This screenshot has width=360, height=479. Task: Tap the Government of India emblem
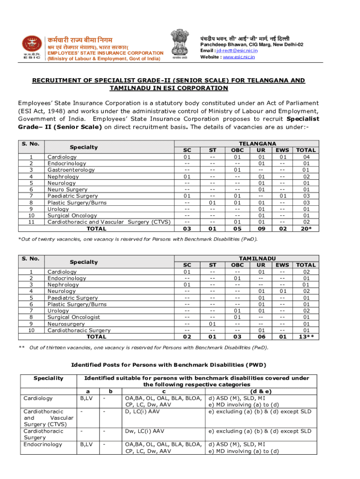pos(180,45)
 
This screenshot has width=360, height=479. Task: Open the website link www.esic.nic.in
pos(239,57)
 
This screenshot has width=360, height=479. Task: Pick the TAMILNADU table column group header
pos(257,258)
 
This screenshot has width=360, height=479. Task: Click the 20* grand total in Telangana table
pos(306,229)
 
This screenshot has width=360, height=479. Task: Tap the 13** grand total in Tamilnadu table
pos(306,337)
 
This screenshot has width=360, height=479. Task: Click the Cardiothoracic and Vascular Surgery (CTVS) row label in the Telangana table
pos(109,222)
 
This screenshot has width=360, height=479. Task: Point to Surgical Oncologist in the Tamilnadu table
pos(73,317)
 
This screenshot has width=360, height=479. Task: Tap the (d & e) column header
pos(261,391)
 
